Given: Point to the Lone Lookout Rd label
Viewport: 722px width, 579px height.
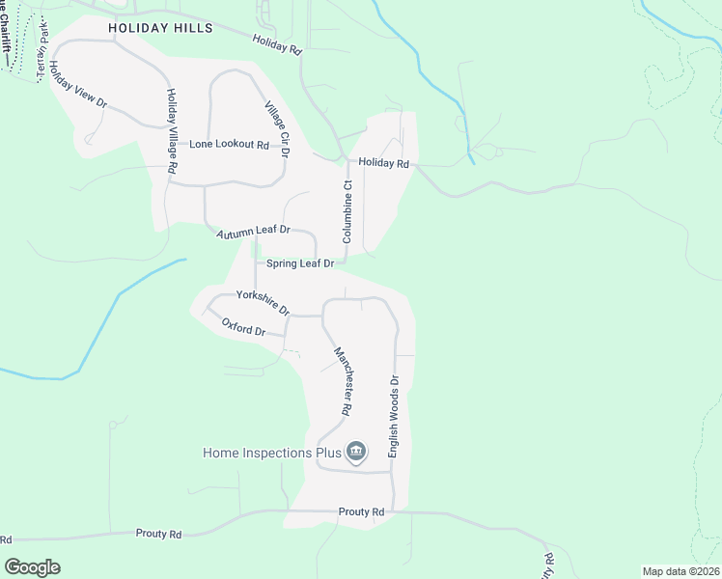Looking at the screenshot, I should [x=229, y=144].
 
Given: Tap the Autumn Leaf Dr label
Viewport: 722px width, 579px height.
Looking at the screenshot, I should [x=253, y=232].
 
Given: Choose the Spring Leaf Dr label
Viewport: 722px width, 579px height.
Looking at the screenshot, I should [x=300, y=262].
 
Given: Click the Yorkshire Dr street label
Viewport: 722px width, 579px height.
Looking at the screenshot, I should [x=264, y=303].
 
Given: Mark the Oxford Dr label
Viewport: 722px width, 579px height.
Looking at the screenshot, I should [x=243, y=328].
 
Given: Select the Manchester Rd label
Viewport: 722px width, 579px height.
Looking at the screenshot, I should [x=342, y=380].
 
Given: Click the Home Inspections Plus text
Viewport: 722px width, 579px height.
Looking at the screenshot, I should [x=272, y=453].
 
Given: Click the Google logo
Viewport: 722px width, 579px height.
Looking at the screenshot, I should [x=32, y=567].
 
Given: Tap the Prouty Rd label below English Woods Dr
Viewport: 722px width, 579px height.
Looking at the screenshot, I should [x=362, y=511].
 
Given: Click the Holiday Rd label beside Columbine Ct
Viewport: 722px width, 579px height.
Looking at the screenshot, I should [x=385, y=164].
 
